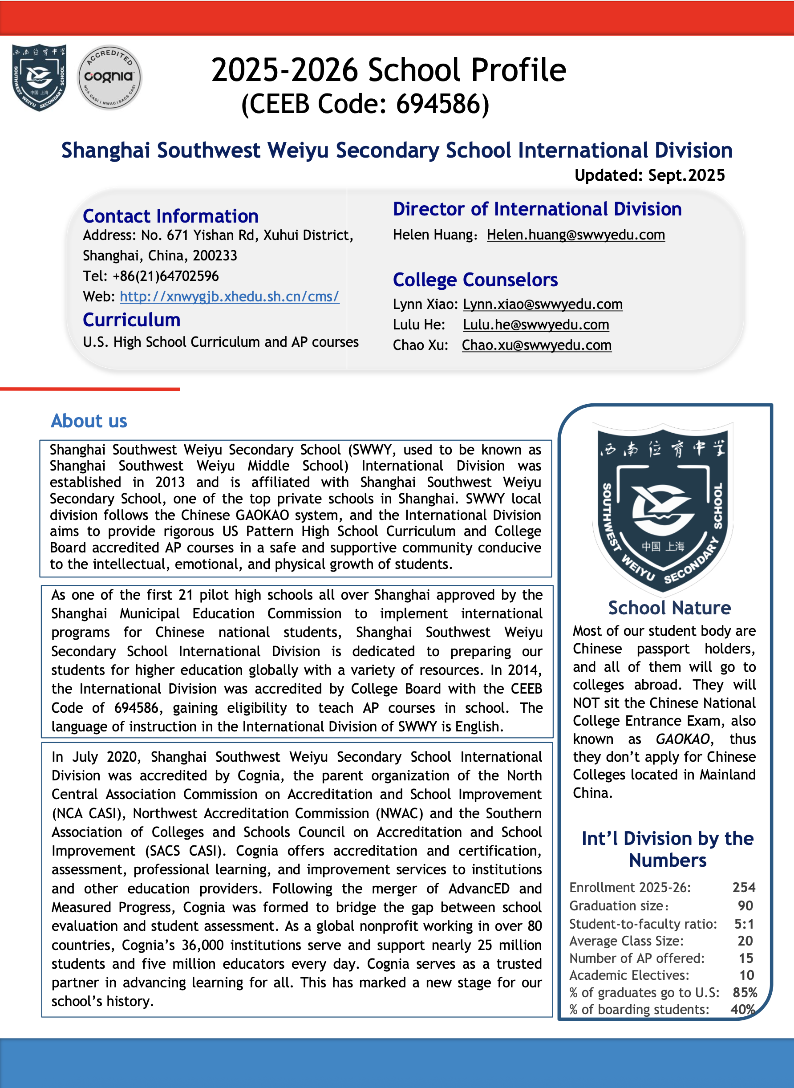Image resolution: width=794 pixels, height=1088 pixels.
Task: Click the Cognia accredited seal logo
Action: tap(109, 77)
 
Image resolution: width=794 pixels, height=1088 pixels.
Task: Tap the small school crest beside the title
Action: tap(39, 77)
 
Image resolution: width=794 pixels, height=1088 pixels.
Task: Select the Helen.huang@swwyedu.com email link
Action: tap(575, 235)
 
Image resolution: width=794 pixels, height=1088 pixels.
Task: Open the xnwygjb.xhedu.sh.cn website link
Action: tap(229, 296)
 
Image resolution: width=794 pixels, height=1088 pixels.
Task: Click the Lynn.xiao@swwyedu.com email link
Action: tap(543, 304)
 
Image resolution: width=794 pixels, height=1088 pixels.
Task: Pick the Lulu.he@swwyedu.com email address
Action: tap(536, 325)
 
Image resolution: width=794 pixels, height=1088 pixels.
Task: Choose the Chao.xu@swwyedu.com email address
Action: tap(536, 345)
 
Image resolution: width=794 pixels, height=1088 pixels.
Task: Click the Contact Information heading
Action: tap(170, 216)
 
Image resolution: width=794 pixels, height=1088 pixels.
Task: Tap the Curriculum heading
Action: tap(132, 320)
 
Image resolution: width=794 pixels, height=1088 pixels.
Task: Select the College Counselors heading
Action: tap(475, 280)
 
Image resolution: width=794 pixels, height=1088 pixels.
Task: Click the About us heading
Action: tap(89, 421)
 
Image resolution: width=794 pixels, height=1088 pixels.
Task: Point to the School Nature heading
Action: tap(669, 608)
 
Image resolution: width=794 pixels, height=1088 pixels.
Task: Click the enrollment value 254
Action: tap(744, 888)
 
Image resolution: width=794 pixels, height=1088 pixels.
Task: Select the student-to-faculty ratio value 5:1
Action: tap(744, 924)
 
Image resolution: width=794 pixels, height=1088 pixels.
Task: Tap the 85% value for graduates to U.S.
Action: tap(745, 992)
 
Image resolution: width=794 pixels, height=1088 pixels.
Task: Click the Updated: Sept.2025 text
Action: tap(649, 175)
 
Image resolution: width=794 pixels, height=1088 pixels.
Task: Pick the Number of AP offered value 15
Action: tap(745, 958)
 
